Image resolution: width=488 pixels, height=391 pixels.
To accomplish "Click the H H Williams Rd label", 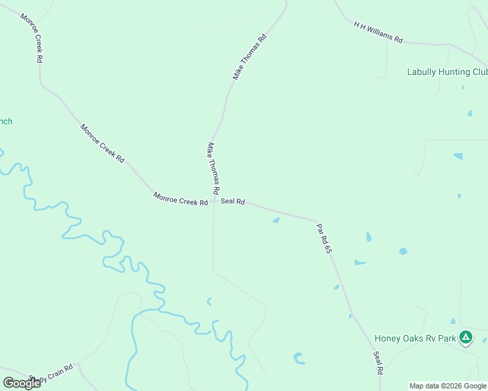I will point(378,32).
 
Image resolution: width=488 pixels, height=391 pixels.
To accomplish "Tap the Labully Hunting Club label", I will point(447,72).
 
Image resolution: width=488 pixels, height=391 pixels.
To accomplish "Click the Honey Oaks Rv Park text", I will point(415,338).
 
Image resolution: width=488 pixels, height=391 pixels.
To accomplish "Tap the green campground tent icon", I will point(465,338).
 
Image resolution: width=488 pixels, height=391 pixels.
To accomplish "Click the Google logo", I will point(22,383).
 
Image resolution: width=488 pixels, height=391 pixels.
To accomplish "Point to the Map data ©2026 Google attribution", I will point(448,386).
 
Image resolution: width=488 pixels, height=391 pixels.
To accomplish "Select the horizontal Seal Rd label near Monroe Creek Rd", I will point(232,202).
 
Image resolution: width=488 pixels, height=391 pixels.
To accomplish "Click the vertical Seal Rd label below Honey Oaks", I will point(378,363).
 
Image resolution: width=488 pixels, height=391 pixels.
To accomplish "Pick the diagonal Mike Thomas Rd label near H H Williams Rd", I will point(251,57).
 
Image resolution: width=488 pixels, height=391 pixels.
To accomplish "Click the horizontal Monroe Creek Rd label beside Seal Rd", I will point(180,199).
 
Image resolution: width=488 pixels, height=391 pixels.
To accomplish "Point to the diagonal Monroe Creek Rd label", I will point(102,143).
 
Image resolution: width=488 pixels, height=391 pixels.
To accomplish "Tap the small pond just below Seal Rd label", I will point(276,220).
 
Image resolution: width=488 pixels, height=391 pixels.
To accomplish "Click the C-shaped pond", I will point(299,358).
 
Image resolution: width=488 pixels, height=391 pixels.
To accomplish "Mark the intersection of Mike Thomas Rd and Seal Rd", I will point(213,201).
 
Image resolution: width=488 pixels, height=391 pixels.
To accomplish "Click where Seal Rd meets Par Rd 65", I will point(317,220).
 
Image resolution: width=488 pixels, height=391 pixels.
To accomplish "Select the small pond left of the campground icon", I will point(453,321).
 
